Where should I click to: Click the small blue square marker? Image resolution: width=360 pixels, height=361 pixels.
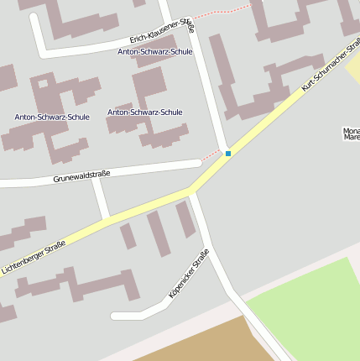[227, 154]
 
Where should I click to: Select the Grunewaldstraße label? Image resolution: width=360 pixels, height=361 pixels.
[81, 176]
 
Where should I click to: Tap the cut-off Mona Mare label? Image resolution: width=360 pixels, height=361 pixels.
[351, 135]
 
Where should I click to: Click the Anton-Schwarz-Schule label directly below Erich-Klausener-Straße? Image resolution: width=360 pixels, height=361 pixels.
[155, 51]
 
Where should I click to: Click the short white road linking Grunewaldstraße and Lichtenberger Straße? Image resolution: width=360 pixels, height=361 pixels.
[101, 199]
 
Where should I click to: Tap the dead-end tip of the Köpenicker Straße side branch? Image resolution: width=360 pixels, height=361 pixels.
[116, 316]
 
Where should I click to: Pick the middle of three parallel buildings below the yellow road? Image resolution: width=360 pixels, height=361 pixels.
[158, 233]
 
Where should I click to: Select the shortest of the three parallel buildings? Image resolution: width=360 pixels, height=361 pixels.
[128, 236]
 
